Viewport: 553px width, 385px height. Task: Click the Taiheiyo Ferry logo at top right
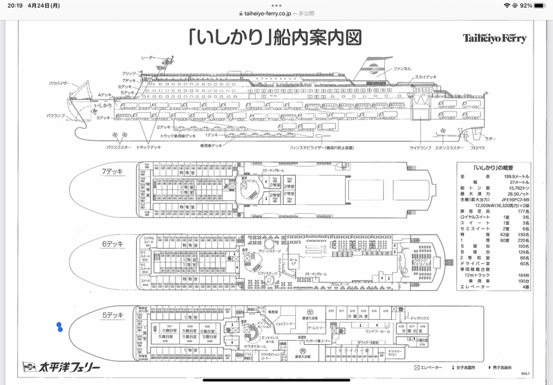tap(494, 38)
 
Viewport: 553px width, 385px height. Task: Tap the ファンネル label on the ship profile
tap(403, 70)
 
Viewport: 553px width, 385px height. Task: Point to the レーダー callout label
tap(149, 57)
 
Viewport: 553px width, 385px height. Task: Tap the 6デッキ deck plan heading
tap(112, 243)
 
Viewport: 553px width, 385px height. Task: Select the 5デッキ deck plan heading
tap(112, 314)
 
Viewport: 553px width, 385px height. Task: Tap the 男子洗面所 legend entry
tap(511, 366)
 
